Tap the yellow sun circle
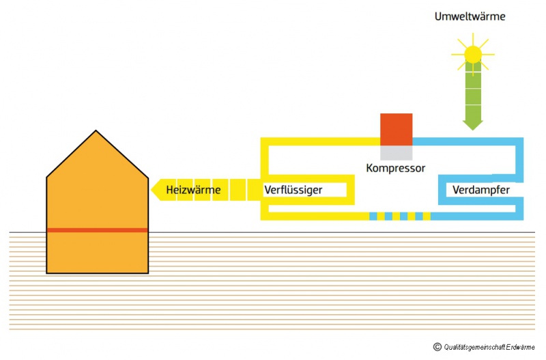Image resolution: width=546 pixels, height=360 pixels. click(472, 54)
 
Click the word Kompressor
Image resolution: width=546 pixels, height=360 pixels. click(396, 167)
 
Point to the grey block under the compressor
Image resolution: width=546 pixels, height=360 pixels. click(397, 153)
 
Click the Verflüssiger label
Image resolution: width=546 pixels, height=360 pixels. click(293, 189)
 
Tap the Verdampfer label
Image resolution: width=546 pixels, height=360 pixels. click(481, 189)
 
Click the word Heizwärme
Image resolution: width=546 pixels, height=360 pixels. click(193, 189)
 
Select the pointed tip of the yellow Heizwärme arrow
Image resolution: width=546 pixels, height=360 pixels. click(152, 189)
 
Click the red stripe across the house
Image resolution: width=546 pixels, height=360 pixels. click(98, 230)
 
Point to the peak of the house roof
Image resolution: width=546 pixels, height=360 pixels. click(96, 131)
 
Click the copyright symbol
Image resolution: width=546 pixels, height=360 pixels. click(437, 347)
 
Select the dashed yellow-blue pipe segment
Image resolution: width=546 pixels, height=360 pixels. click(400, 216)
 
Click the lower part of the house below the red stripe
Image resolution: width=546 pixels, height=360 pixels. click(98, 253)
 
